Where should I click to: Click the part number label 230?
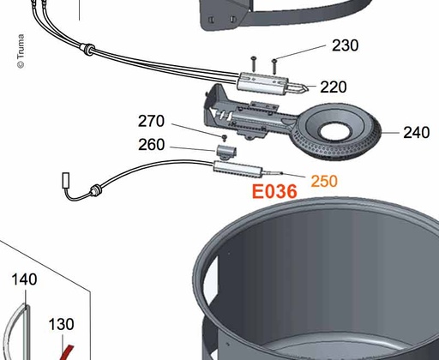tap(345, 45)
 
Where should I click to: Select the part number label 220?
tap(334, 87)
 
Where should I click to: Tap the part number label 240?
tap(416, 133)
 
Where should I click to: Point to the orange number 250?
tap(324, 181)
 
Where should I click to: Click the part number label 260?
tap(151, 145)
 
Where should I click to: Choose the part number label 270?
tap(151, 121)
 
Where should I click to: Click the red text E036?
tap(274, 191)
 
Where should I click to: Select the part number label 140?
tap(24, 279)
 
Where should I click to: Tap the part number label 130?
tap(61, 324)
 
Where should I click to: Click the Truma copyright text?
tap(21, 51)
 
